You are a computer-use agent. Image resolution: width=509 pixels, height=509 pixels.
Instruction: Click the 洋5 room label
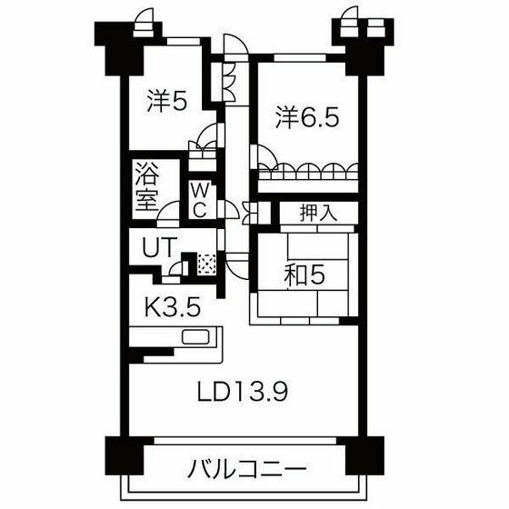coord(167,101)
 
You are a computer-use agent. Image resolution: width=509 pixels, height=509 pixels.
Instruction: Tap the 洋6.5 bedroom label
coord(307,117)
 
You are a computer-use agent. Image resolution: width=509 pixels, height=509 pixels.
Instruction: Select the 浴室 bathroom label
coord(147,186)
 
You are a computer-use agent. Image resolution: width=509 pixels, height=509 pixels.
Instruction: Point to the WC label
coord(200,201)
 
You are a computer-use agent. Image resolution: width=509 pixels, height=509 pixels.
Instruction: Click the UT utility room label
coord(160,247)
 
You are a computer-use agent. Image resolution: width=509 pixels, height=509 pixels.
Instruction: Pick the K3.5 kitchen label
coord(172,307)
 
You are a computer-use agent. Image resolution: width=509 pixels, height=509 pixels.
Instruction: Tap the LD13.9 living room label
coord(243,391)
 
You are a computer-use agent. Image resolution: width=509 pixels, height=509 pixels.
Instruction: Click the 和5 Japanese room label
coord(304,274)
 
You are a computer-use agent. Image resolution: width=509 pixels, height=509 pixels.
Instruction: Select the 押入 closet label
coord(318,213)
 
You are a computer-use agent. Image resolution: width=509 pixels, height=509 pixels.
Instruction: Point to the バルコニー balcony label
coord(247,468)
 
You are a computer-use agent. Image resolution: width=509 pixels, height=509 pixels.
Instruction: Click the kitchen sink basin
coord(195,336)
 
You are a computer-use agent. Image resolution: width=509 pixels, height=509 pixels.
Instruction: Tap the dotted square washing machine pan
coord(206,263)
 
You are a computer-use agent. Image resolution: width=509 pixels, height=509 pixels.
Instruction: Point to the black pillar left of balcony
coord(125,455)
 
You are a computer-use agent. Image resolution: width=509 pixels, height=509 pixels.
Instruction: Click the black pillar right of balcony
coord(364,455)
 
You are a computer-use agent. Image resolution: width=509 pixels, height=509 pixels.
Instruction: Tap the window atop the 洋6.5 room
coord(300,58)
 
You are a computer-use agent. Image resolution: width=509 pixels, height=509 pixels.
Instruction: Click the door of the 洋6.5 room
coord(264,156)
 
